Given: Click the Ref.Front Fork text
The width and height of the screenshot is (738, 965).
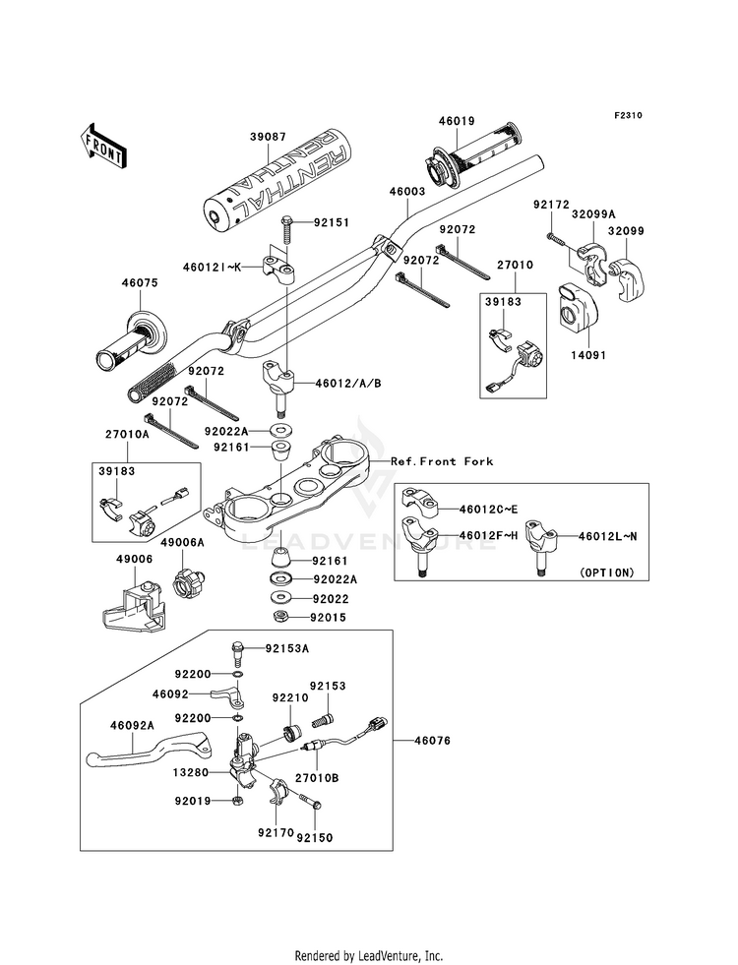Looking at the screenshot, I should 442,461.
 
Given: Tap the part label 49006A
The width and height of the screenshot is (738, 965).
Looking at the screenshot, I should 183,542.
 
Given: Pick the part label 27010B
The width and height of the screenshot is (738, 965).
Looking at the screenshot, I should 321,777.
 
